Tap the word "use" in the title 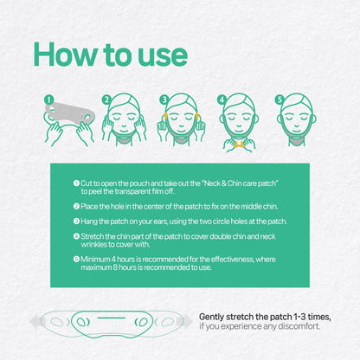coord(163,56)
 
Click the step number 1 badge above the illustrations coord(49,100)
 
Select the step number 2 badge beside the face coord(106,100)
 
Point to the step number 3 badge coord(164,100)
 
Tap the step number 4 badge coord(222,100)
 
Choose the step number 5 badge coord(280,100)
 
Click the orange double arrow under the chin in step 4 coord(239,145)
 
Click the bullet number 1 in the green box coord(76,183)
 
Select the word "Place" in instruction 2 coord(89,207)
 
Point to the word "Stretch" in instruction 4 coord(92,236)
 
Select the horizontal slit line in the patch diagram coord(112,318)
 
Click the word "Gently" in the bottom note coord(211,317)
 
